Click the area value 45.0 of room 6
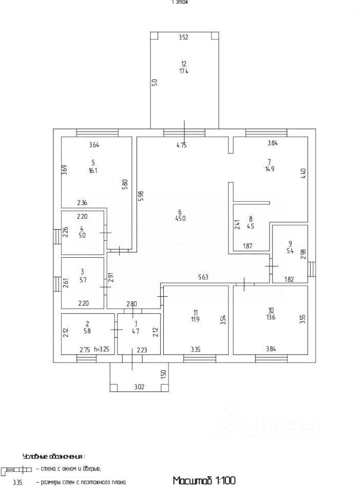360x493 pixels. [x=180, y=218]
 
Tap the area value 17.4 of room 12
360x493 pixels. [x=183, y=71]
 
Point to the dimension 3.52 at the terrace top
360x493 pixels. [x=183, y=37]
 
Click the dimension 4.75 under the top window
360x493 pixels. [x=181, y=145]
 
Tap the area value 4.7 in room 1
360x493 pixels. [x=136, y=331]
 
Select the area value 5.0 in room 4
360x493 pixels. [x=82, y=235]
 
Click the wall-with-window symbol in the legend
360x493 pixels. [x=17, y=470]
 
